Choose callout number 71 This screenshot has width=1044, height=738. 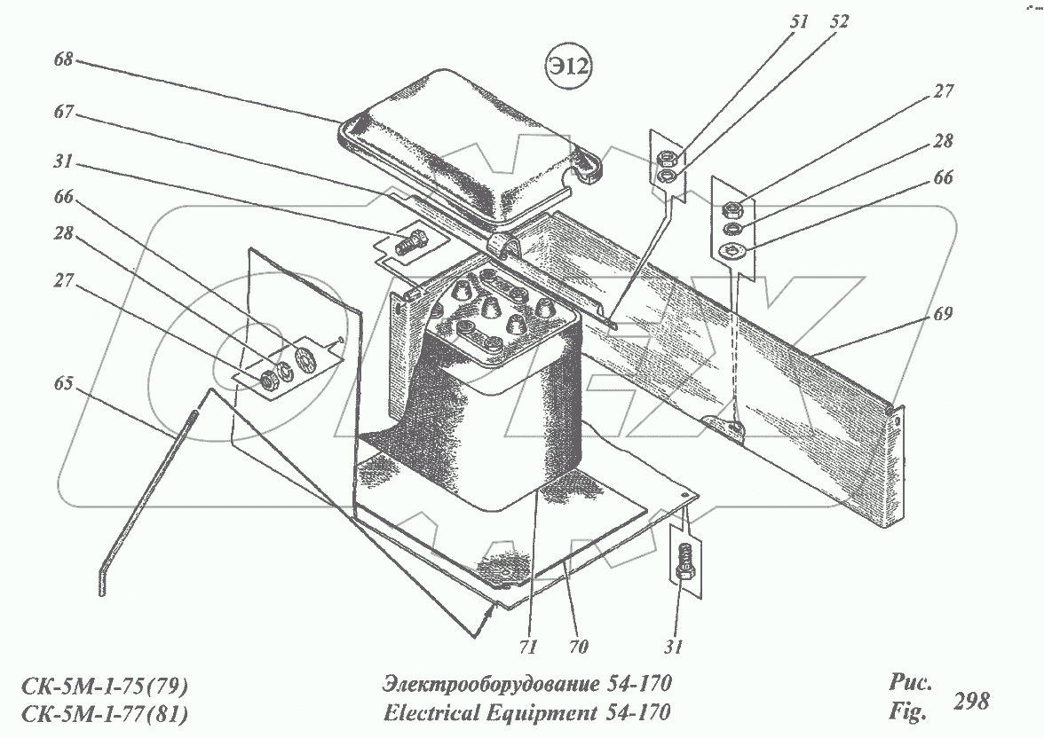[x=527, y=646]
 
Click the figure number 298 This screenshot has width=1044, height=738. [x=970, y=701]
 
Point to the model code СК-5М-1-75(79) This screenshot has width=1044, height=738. [x=104, y=686]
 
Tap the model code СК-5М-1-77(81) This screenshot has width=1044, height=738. [x=104, y=713]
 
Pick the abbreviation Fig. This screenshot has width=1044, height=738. [x=907, y=711]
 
